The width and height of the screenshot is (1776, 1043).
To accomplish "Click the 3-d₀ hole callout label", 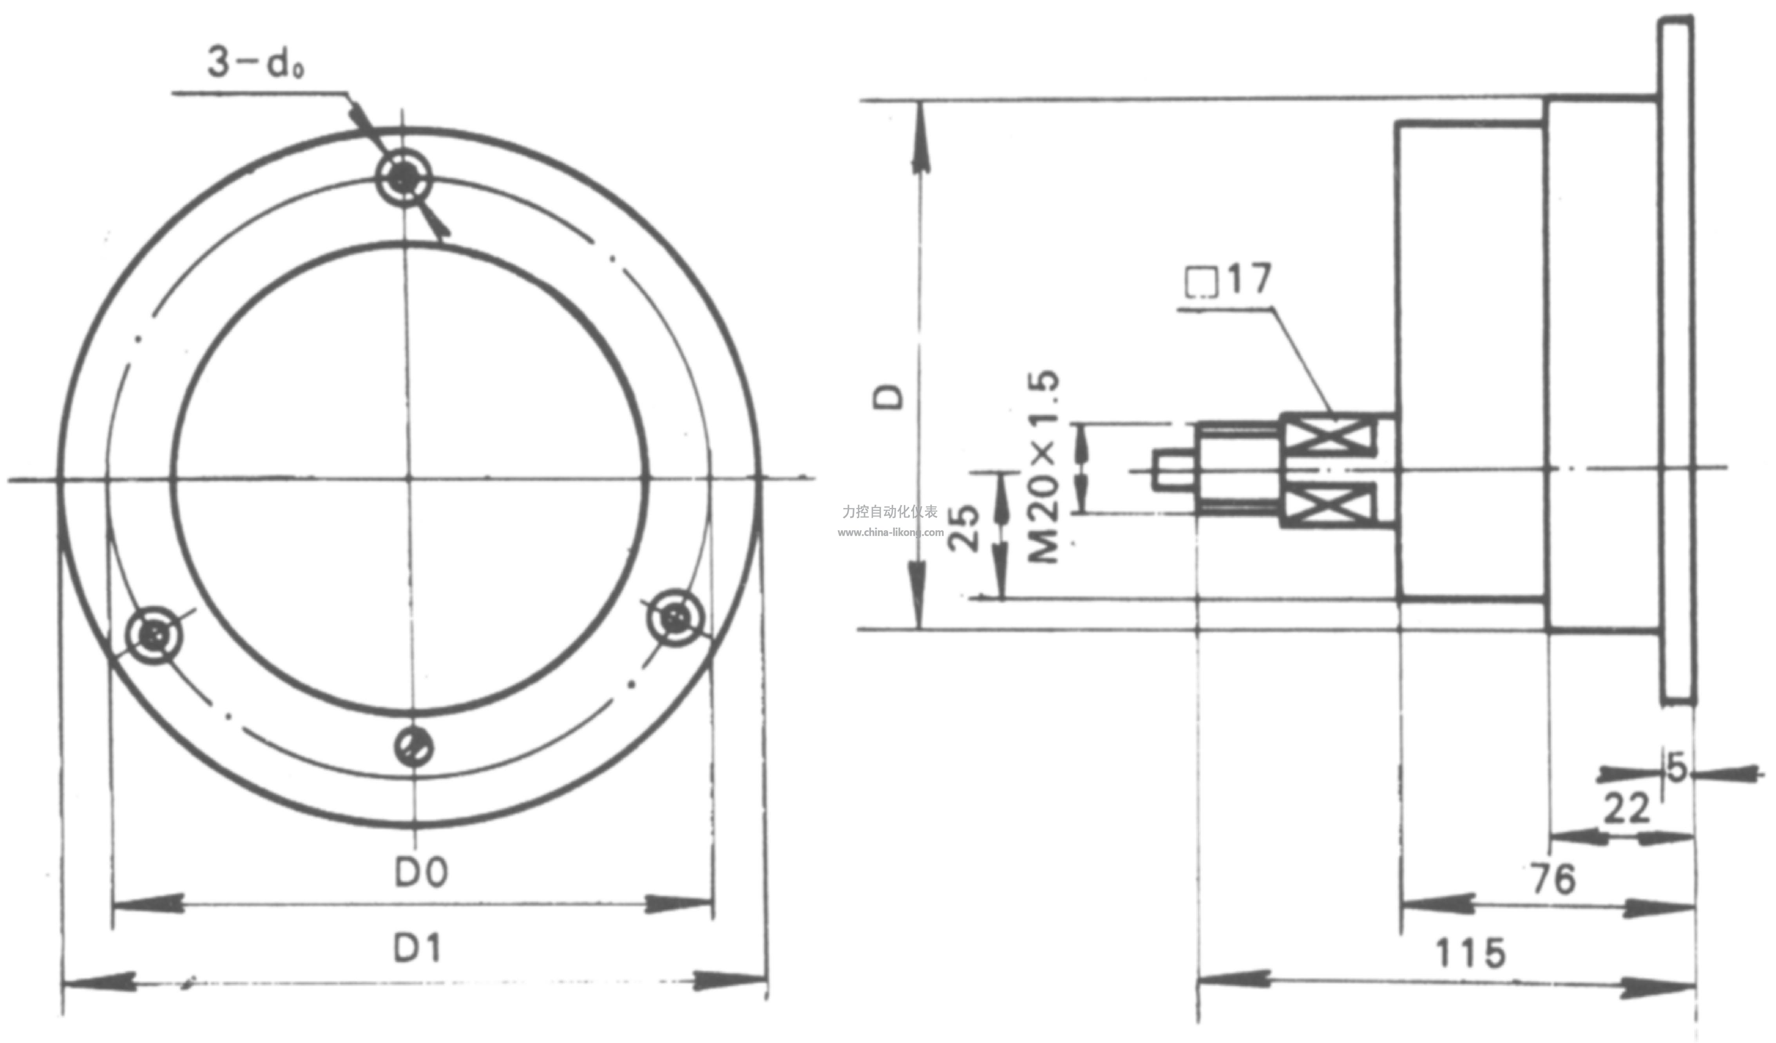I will coord(255,62).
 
